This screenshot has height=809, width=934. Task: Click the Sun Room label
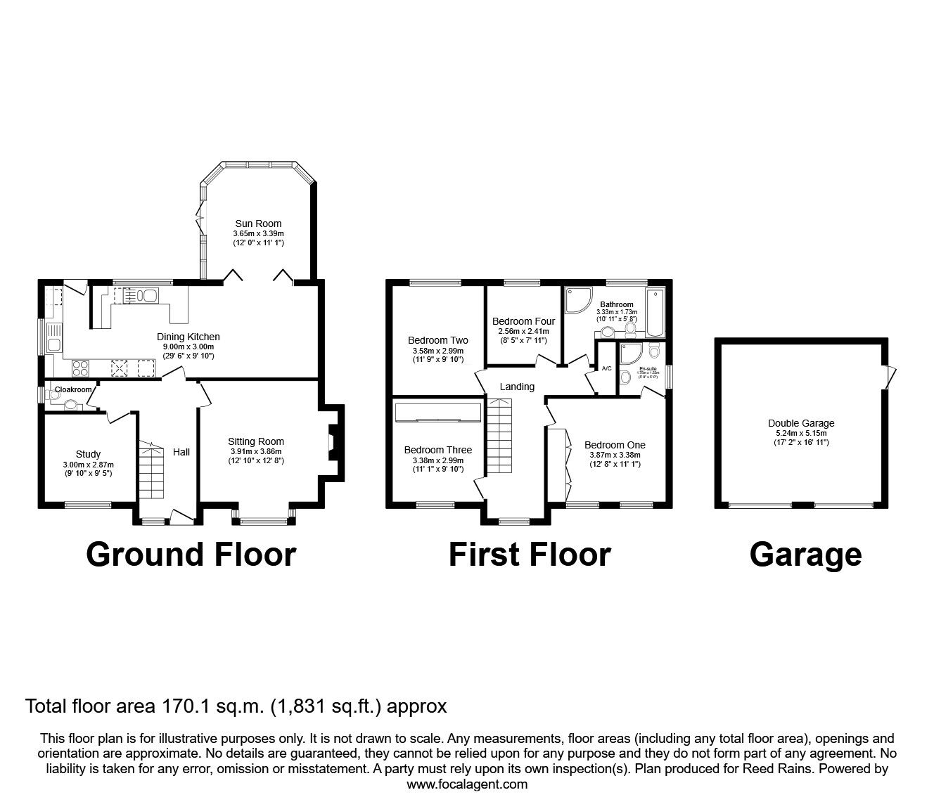(x=258, y=224)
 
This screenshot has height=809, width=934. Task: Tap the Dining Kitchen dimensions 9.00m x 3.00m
(x=188, y=347)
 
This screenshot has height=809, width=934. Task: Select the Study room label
(x=88, y=454)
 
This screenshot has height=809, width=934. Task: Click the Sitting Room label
(x=256, y=441)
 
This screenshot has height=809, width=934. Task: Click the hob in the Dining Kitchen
(x=79, y=368)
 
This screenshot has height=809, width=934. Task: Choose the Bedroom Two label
(x=437, y=340)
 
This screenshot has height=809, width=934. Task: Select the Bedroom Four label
(x=523, y=321)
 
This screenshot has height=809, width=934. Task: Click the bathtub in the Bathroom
(x=655, y=313)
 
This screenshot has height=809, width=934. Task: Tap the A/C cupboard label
(x=606, y=368)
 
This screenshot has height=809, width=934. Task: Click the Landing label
(x=517, y=387)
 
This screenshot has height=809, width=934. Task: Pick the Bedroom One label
(x=615, y=445)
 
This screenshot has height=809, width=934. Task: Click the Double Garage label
(x=801, y=423)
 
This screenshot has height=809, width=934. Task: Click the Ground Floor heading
(x=191, y=555)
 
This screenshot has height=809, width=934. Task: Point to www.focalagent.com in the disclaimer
(x=467, y=784)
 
